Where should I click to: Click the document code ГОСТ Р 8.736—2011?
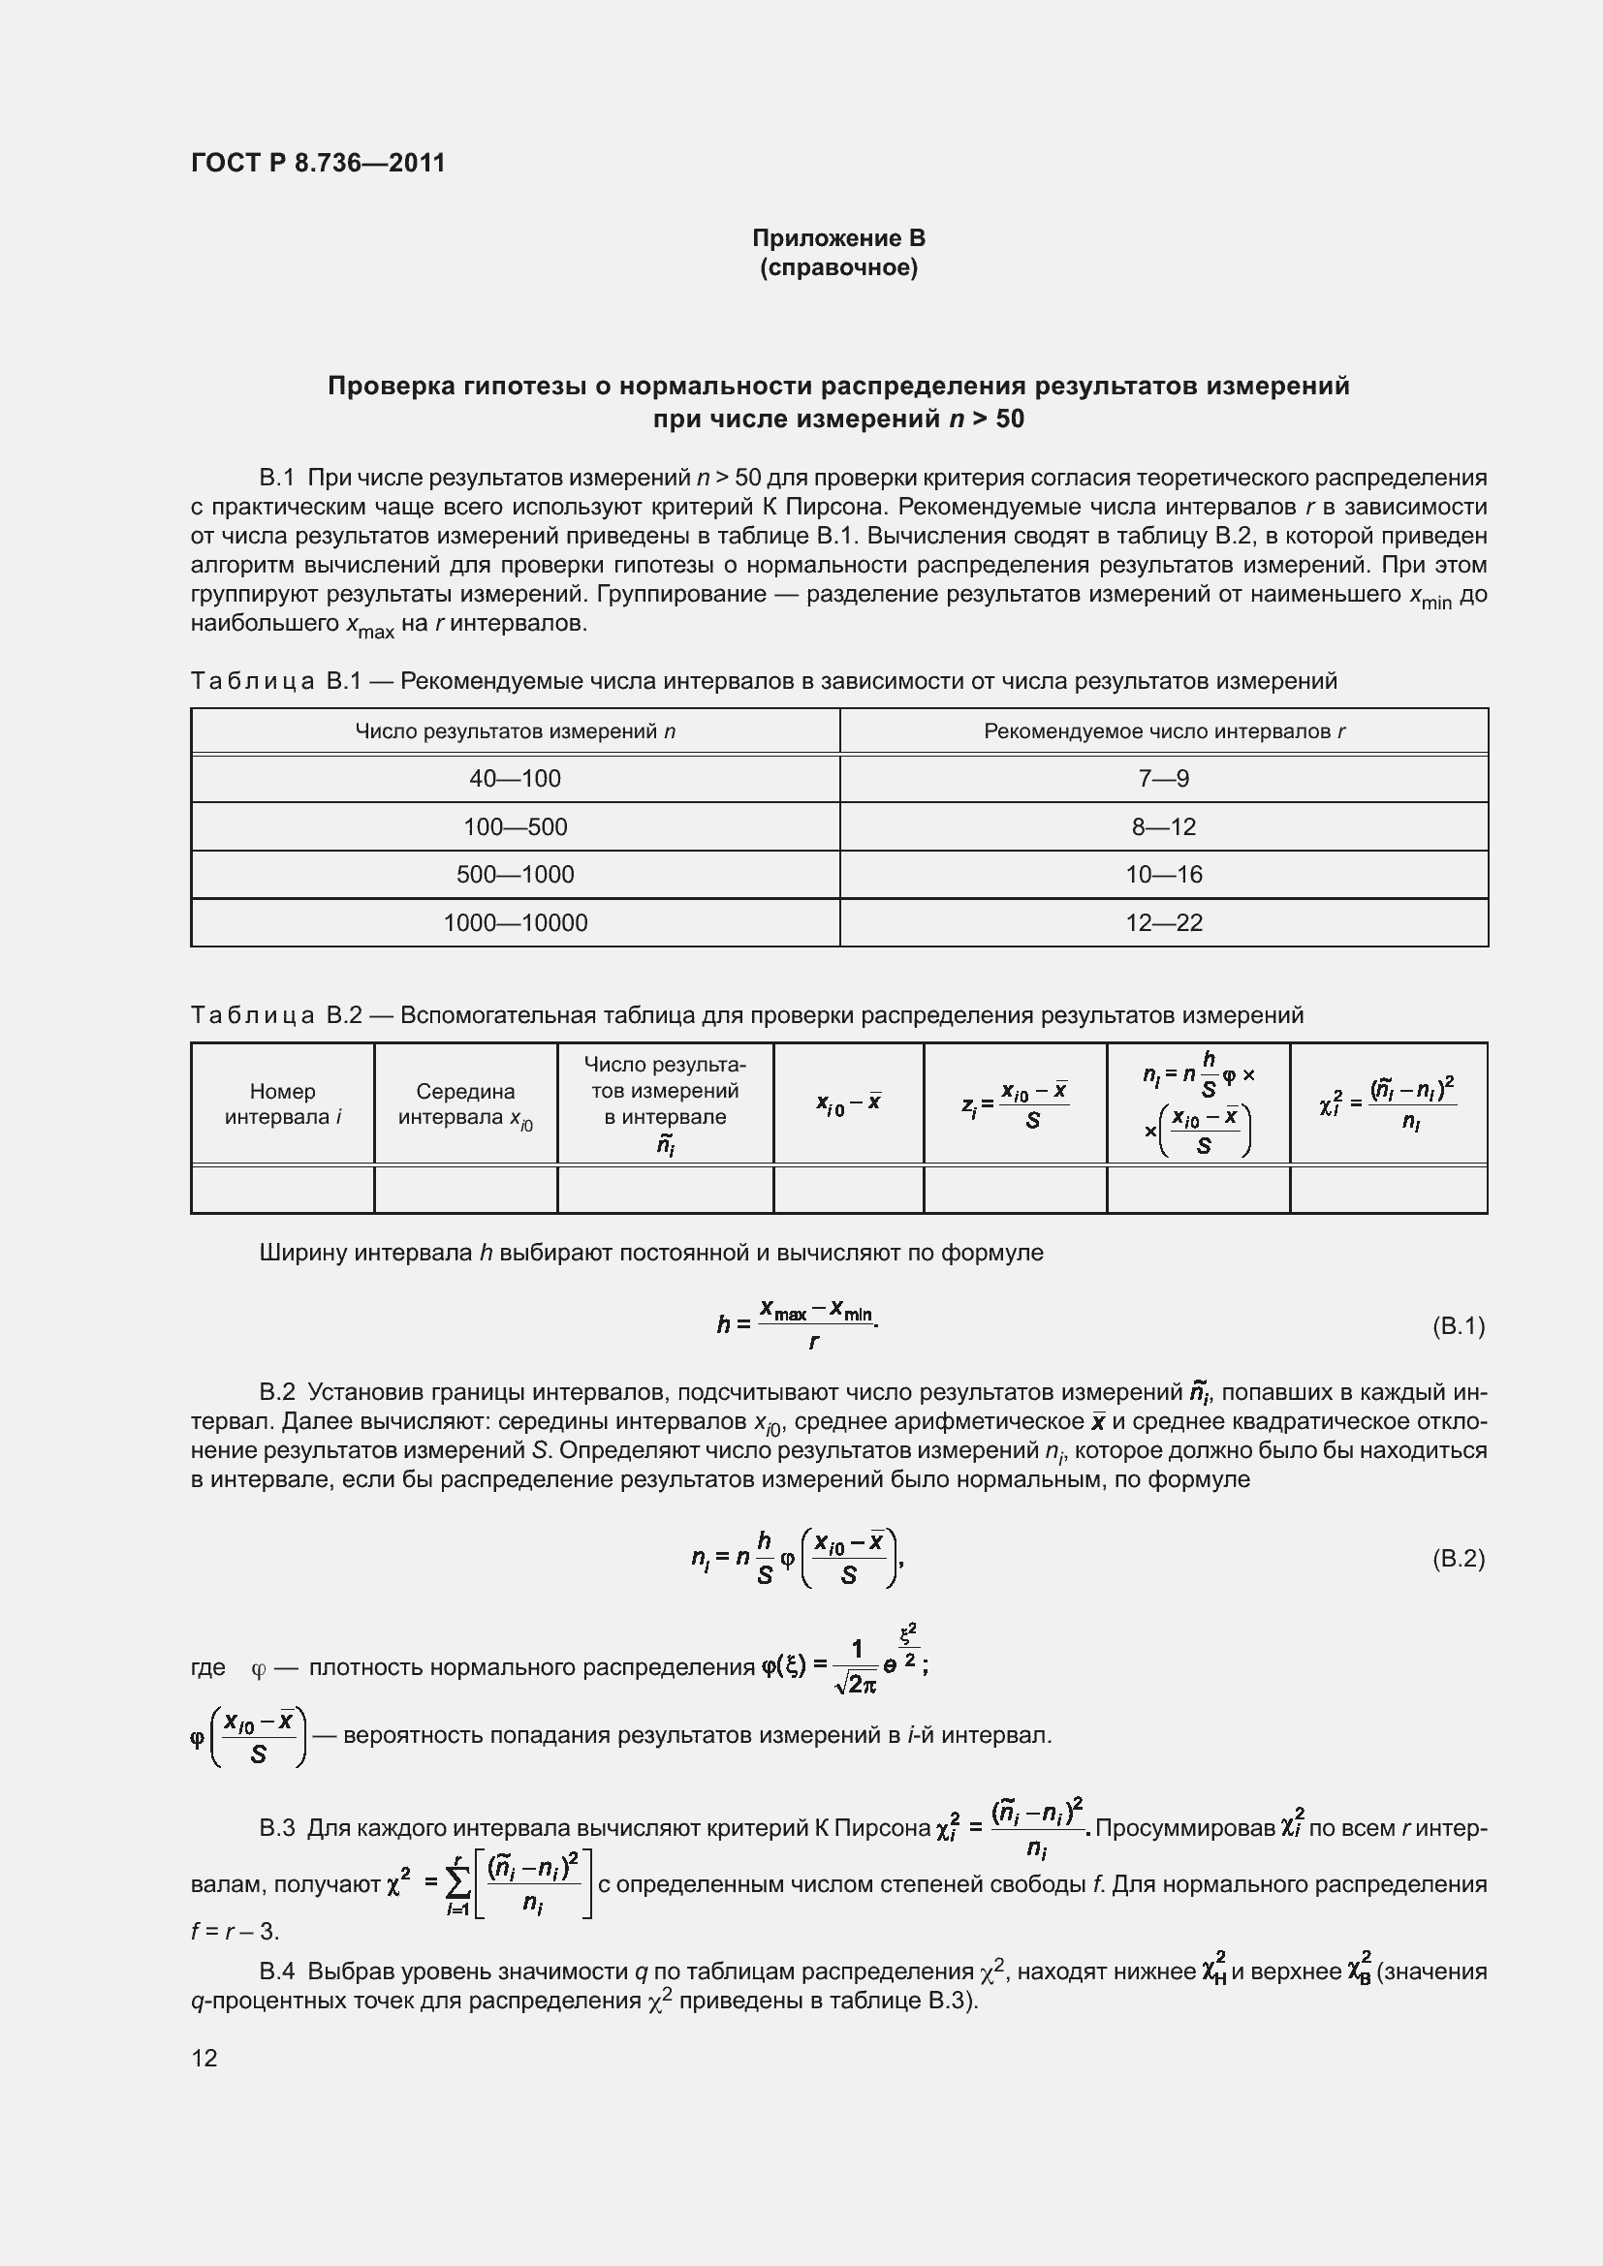tap(318, 163)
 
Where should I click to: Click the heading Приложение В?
tap(838, 238)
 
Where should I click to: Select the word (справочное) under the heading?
tap(838, 267)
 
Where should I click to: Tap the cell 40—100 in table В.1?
tap(515, 779)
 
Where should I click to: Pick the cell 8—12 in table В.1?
tap(1163, 826)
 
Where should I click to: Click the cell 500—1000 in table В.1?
tap(515, 875)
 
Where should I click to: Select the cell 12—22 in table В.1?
tap(1163, 923)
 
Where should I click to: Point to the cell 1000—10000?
tap(515, 923)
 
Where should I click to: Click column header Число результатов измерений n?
tap(515, 731)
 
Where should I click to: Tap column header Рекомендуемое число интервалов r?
tap(1163, 731)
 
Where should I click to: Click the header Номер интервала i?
tap(282, 1103)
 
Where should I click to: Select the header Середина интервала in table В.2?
tap(465, 1103)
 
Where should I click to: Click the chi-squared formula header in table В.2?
tap(1387, 1103)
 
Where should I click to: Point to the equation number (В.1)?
tap(1458, 1325)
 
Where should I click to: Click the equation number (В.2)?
tap(1458, 1559)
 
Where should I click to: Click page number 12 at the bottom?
tap(204, 2058)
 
